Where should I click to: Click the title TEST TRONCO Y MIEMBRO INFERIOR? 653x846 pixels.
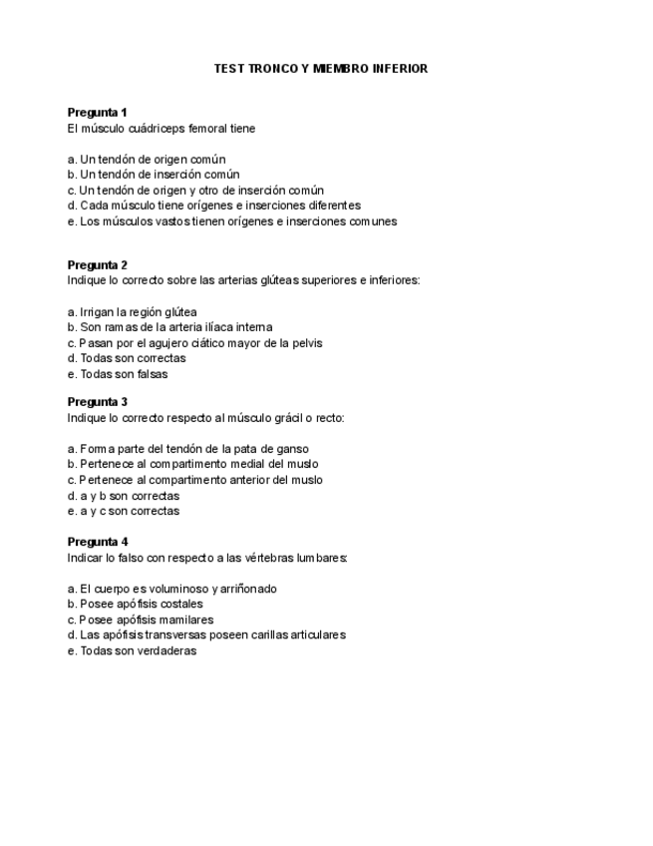[x=321, y=69]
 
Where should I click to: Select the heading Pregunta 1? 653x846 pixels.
[x=97, y=113]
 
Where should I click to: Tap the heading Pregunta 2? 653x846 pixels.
[x=97, y=264]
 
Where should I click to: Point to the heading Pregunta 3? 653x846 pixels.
[x=97, y=402]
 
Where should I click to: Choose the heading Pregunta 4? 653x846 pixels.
[x=97, y=542]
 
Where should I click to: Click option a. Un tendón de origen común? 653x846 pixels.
[x=147, y=159]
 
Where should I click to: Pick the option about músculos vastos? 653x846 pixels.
[x=232, y=221]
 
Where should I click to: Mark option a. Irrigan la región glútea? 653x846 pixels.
[x=132, y=311]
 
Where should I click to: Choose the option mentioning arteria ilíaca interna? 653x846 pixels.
[x=169, y=327]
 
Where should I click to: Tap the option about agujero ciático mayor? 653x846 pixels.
[x=194, y=343]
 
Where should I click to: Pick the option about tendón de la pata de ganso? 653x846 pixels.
[x=187, y=449]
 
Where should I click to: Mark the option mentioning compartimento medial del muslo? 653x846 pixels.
[x=192, y=464]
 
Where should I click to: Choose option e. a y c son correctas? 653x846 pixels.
[x=124, y=511]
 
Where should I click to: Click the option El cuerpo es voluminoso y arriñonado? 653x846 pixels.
[x=171, y=589]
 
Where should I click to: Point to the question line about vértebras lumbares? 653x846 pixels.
[x=207, y=558]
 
